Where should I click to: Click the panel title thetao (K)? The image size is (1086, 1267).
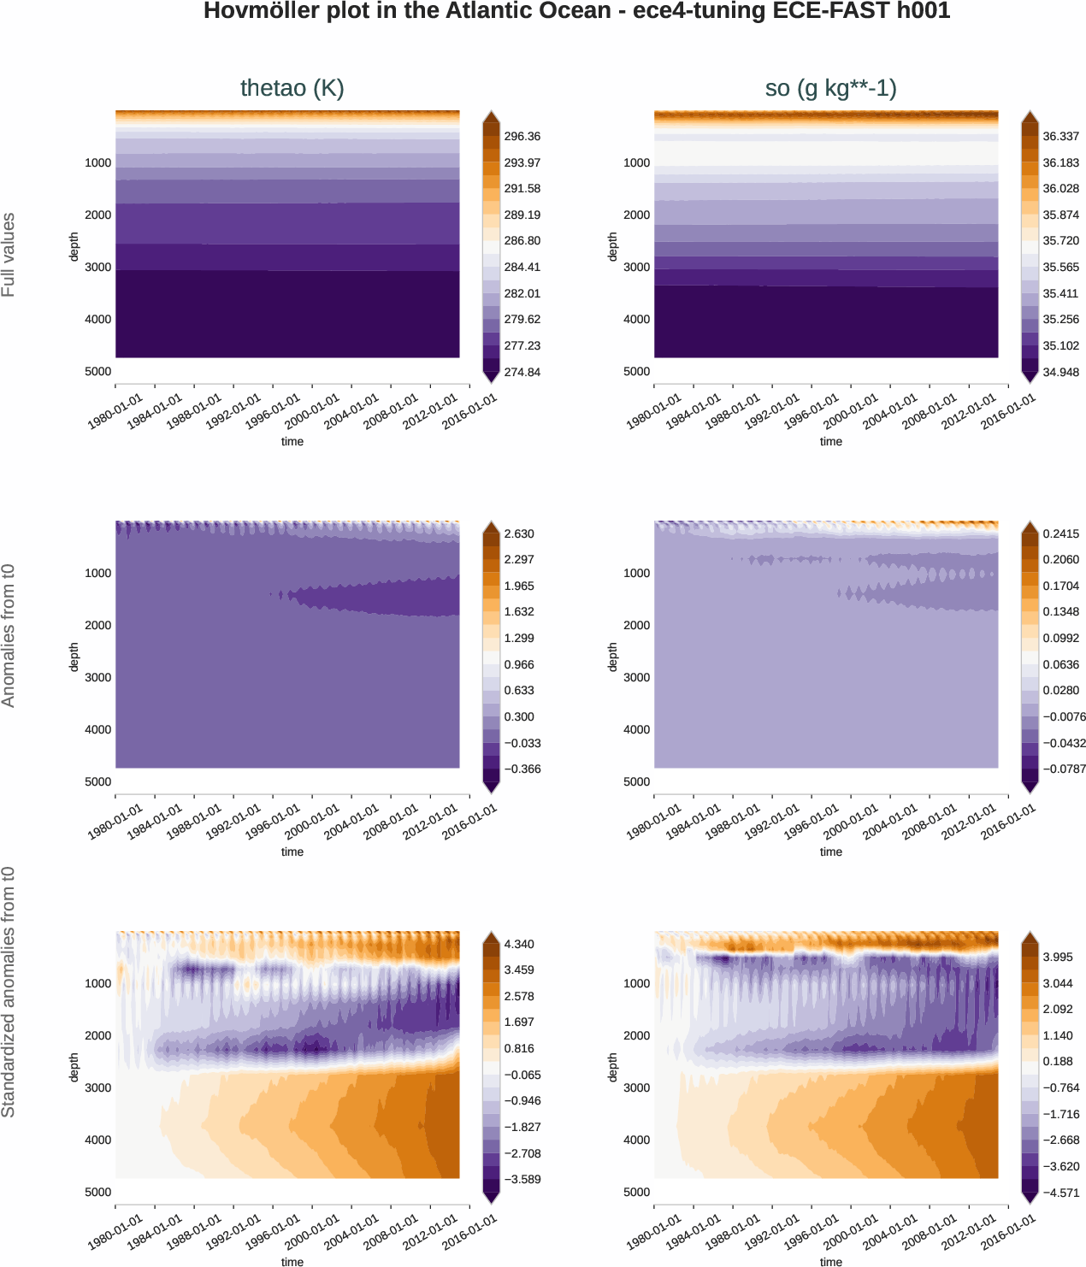coord(292,88)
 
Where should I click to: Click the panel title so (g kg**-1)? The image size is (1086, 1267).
coord(830,88)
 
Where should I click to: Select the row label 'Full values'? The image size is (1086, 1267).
coord(9,255)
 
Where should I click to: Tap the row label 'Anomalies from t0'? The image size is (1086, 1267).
coord(9,635)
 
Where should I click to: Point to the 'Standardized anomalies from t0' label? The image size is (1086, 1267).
coord(9,992)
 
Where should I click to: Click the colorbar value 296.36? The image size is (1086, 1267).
coord(522,137)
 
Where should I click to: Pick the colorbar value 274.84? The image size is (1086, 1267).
coord(522,372)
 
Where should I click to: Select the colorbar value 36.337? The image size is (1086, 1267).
coord(1060,137)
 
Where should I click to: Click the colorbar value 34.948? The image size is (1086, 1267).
coord(1060,372)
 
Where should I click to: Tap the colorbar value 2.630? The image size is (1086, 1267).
coord(519,534)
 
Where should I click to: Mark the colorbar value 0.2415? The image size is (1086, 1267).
coord(1060,534)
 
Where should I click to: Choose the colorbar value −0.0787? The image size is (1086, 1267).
coord(1060,769)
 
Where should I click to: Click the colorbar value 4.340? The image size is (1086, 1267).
coord(519,945)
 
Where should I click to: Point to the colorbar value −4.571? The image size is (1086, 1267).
coord(1060,1193)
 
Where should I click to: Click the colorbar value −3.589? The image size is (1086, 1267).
coord(522,1180)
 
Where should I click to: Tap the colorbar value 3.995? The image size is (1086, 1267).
coord(1058,958)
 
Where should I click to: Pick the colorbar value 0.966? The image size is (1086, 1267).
coord(519,665)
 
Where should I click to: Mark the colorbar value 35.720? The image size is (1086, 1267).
coord(1060,241)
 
